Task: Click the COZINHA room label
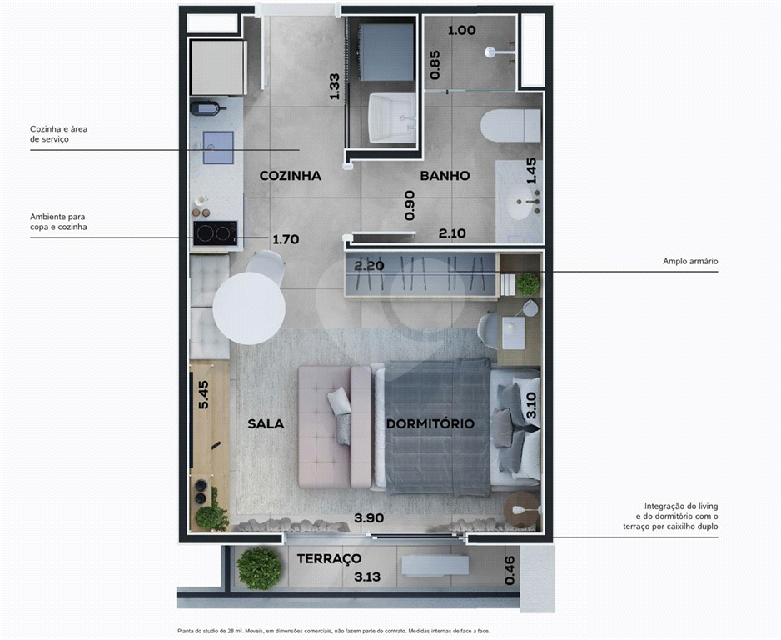291,176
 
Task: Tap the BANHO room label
445,176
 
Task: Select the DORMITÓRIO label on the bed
430,423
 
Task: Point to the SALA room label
266,423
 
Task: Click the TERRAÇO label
329,559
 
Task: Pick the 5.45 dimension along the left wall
203,395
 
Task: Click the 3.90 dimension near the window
369,517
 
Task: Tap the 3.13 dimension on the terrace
367,577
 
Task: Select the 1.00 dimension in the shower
462,30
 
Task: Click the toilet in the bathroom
510,126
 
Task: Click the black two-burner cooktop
215,232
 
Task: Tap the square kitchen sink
218,147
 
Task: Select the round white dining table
249,308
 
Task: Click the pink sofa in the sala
335,427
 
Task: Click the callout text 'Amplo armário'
690,261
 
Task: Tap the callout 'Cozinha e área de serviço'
59,134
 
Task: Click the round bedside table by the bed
521,509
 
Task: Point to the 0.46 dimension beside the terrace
510,571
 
